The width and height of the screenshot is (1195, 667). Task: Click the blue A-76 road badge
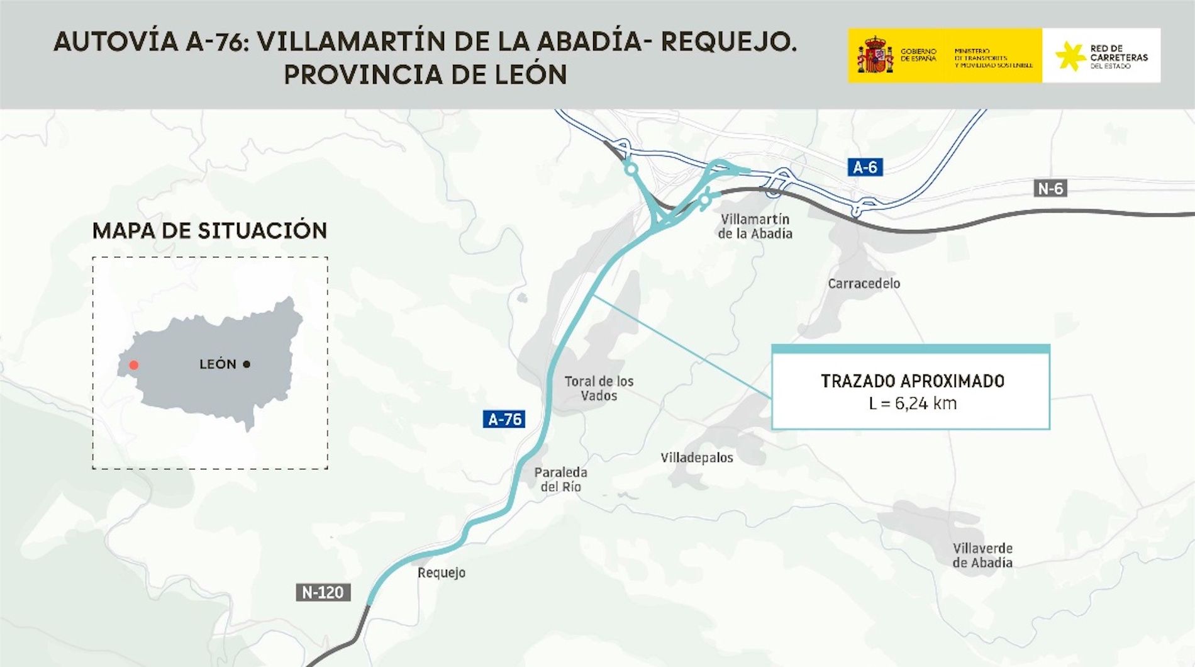(x=504, y=419)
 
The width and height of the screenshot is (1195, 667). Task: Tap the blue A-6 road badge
(x=865, y=167)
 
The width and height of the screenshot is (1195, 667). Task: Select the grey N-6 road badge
(x=1050, y=188)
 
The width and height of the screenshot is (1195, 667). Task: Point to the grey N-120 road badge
(x=323, y=592)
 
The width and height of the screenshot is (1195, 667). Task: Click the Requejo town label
(x=442, y=573)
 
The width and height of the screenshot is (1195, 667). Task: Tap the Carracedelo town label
(x=864, y=284)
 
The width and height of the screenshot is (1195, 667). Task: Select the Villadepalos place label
(x=696, y=457)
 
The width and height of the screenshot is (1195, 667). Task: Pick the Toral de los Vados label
(x=599, y=388)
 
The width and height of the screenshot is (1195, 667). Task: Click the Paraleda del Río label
(x=560, y=479)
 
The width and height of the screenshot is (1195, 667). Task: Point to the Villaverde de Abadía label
(x=982, y=556)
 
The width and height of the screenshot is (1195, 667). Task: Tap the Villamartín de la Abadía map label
(x=755, y=227)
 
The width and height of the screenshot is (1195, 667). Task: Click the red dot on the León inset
(x=133, y=365)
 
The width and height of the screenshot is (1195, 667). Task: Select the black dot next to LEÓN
(x=247, y=364)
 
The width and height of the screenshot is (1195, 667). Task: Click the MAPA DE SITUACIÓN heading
(x=209, y=231)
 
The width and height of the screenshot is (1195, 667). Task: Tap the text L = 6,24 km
(x=912, y=403)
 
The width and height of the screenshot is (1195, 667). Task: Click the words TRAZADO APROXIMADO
(x=912, y=381)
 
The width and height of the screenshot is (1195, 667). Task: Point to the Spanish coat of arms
(x=875, y=55)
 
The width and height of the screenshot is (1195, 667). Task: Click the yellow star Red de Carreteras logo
(x=1069, y=56)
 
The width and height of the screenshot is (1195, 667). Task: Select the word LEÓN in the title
(x=530, y=75)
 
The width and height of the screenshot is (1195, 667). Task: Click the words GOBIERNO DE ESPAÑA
(x=918, y=55)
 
